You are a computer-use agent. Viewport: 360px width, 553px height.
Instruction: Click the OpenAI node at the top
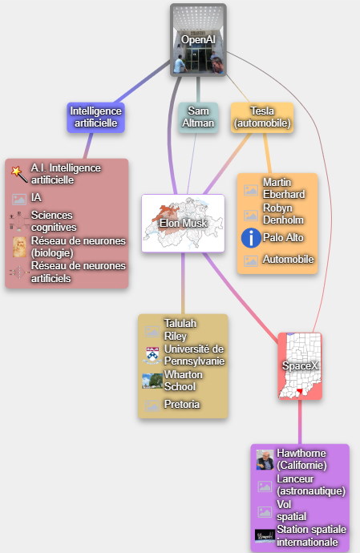(x=198, y=40)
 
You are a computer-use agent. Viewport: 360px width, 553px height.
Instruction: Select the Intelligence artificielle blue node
(x=95, y=118)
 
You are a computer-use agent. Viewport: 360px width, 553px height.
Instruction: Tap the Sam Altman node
(x=198, y=118)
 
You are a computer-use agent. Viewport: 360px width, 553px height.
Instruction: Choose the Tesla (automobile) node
(x=262, y=118)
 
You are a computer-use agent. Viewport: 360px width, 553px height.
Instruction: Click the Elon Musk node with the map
(x=183, y=224)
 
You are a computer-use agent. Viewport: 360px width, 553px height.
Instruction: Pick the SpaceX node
(x=300, y=366)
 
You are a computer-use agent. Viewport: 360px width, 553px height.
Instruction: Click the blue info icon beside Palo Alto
(x=251, y=238)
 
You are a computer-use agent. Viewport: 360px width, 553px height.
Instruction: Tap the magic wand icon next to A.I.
(x=19, y=174)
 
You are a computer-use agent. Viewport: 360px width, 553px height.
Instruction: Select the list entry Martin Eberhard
(x=284, y=188)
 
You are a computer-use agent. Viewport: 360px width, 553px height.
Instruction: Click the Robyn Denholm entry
(x=283, y=214)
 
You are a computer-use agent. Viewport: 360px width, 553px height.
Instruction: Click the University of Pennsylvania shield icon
(x=152, y=356)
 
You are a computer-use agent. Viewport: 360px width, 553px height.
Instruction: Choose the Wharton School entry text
(x=183, y=381)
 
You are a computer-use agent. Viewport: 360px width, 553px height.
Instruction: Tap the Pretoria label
(x=182, y=404)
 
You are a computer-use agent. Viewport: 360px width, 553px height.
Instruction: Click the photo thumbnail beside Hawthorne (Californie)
(x=265, y=459)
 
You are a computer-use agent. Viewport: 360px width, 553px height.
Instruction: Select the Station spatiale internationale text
(x=311, y=535)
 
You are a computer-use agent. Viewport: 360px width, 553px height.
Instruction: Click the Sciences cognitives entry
(x=54, y=221)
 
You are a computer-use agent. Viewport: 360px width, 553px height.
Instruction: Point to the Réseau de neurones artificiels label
(x=79, y=272)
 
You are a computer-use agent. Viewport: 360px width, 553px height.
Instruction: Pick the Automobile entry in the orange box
(x=288, y=260)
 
